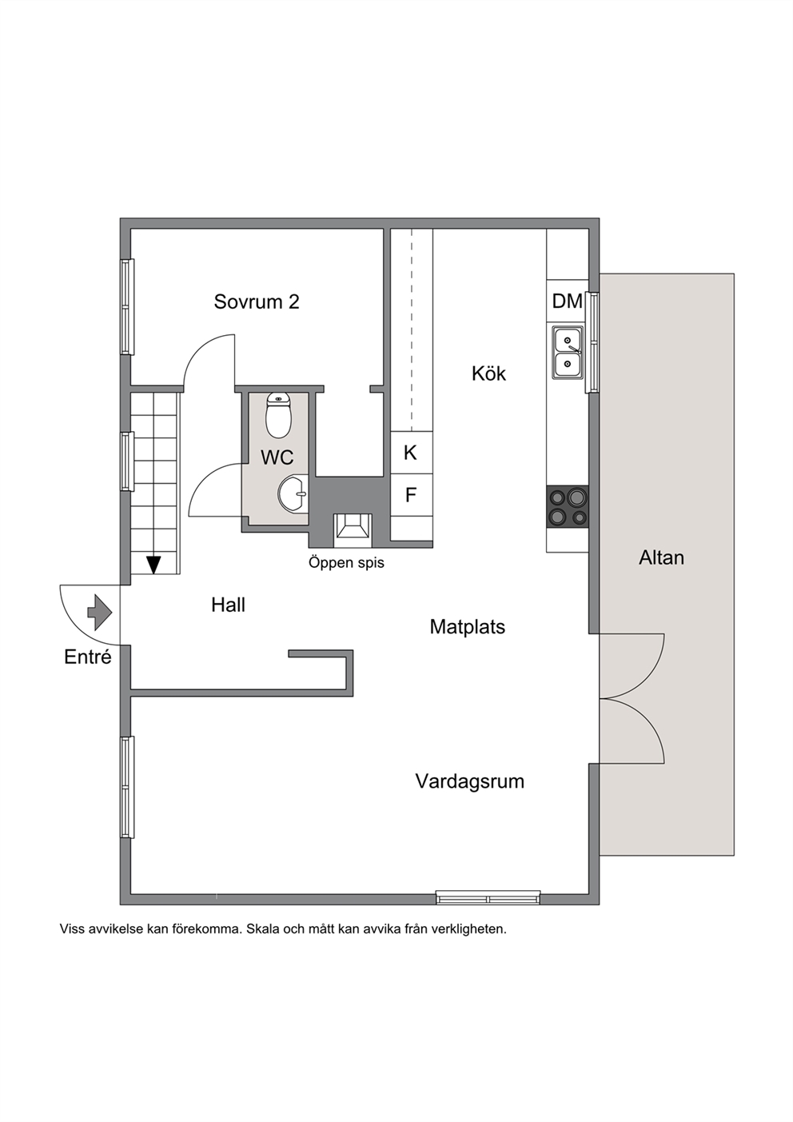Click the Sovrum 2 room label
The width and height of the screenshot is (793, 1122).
pyautogui.click(x=257, y=301)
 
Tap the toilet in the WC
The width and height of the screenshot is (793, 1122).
pyautogui.click(x=278, y=415)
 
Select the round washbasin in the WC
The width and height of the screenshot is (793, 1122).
pyautogui.click(x=293, y=494)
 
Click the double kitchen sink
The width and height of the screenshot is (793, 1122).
pyautogui.click(x=568, y=353)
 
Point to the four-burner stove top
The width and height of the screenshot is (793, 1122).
pyautogui.click(x=568, y=506)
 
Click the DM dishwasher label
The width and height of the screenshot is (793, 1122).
pyautogui.click(x=568, y=301)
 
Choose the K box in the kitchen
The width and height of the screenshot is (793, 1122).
pyautogui.click(x=411, y=453)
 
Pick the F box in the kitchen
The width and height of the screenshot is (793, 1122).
pyautogui.click(x=411, y=495)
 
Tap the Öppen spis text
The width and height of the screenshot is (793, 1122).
pyautogui.click(x=346, y=562)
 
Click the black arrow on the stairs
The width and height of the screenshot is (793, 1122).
pyautogui.click(x=153, y=565)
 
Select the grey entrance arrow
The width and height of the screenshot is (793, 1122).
pyautogui.click(x=100, y=612)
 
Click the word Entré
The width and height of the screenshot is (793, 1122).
pyautogui.click(x=88, y=657)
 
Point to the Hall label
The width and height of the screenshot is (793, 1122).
pyautogui.click(x=229, y=605)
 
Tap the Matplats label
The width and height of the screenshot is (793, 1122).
pyautogui.click(x=468, y=627)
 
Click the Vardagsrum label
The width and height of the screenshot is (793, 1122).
pyautogui.click(x=469, y=781)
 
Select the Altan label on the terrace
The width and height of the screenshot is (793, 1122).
pyautogui.click(x=661, y=557)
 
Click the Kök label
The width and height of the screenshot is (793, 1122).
pyautogui.click(x=488, y=373)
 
